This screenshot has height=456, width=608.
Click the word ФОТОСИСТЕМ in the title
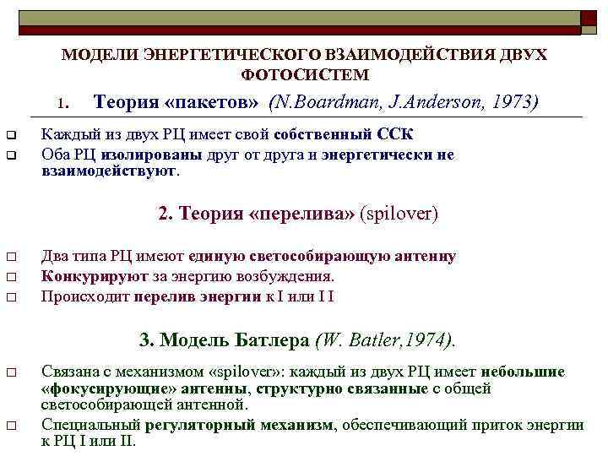tap(305, 74)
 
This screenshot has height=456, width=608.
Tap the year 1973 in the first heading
tap(514, 103)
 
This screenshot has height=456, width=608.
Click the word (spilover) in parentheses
tap(399, 214)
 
